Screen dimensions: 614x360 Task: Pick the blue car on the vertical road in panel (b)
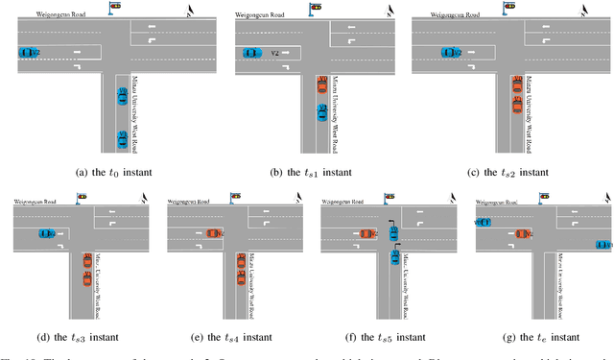(x=322, y=112)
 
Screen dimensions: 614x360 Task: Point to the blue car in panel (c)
(x=449, y=53)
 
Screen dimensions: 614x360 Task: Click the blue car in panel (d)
(x=45, y=232)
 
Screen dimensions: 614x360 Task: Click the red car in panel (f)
(x=366, y=232)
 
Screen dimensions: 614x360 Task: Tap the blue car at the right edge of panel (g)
(x=602, y=245)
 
